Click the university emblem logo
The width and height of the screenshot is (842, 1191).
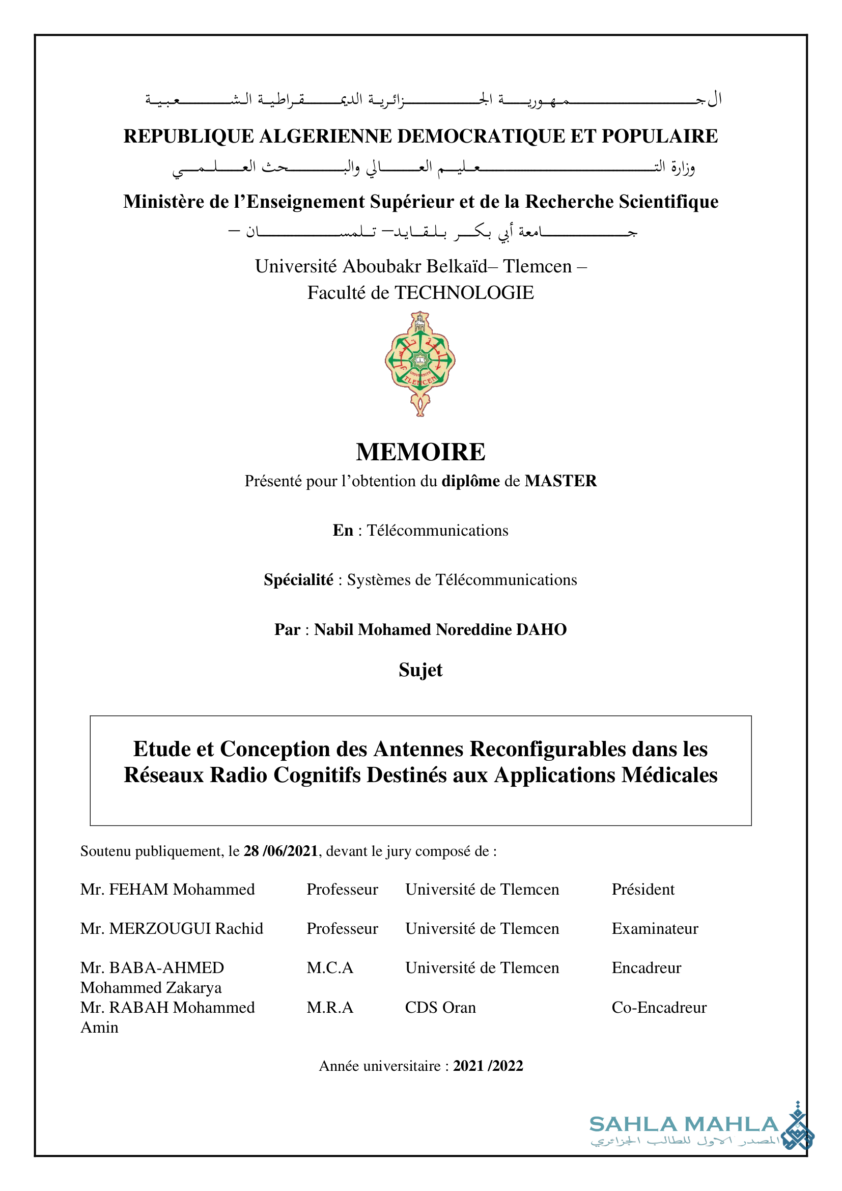[420, 363]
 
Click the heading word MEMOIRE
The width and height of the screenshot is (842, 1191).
[420, 452]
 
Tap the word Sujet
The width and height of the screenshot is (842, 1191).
[420, 670]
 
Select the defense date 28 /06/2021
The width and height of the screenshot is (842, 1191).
[280, 851]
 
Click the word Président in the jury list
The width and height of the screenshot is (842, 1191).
[643, 890]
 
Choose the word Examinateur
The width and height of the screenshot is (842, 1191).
[655, 929]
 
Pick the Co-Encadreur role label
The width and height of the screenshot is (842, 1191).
[659, 1007]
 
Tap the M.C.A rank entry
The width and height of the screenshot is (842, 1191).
[330, 968]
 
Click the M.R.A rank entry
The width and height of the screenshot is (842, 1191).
[330, 1007]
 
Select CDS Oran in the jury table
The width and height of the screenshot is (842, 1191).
[440, 1007]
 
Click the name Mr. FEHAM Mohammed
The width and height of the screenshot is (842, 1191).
[167, 890]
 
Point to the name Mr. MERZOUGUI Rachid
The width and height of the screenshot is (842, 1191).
[172, 929]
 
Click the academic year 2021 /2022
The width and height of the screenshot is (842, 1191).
[488, 1066]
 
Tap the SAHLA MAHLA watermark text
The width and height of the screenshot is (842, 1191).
[684, 1125]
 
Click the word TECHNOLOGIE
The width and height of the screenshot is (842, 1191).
[465, 293]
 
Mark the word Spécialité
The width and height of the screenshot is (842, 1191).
[299, 579]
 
